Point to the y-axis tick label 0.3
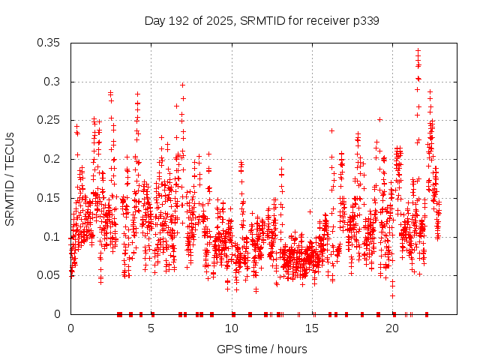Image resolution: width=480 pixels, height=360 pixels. click(55, 82)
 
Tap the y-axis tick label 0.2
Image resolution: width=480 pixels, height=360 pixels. click(55, 159)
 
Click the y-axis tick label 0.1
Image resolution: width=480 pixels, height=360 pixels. click(55, 236)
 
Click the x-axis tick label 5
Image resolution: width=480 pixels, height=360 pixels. click(151, 328)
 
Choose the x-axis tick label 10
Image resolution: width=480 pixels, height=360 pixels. click(232, 328)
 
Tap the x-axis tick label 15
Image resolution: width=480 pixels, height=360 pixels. click(312, 328)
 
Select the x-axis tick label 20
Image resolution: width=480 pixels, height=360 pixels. click(392, 328)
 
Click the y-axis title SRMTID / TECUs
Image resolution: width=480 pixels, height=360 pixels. click(10, 178)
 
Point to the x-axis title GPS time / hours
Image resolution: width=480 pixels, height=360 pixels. click(262, 349)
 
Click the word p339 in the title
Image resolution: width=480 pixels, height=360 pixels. click(364, 20)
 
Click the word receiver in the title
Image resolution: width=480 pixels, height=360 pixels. click(323, 20)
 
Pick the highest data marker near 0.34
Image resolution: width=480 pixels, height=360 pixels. click(418, 51)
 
